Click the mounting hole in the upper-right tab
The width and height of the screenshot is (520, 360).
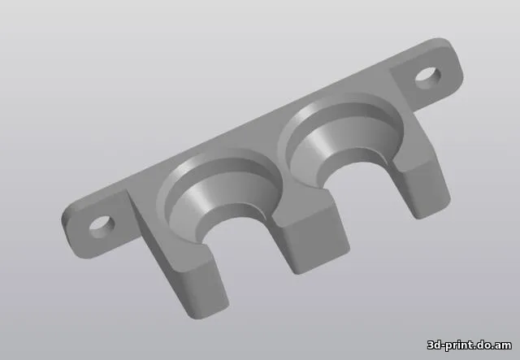pos(428,78)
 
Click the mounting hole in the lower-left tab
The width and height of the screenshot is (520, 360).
pos(102,227)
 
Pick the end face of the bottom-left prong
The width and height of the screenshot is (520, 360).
pos(203,289)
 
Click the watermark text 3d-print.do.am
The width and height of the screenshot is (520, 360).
pos(470,345)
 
